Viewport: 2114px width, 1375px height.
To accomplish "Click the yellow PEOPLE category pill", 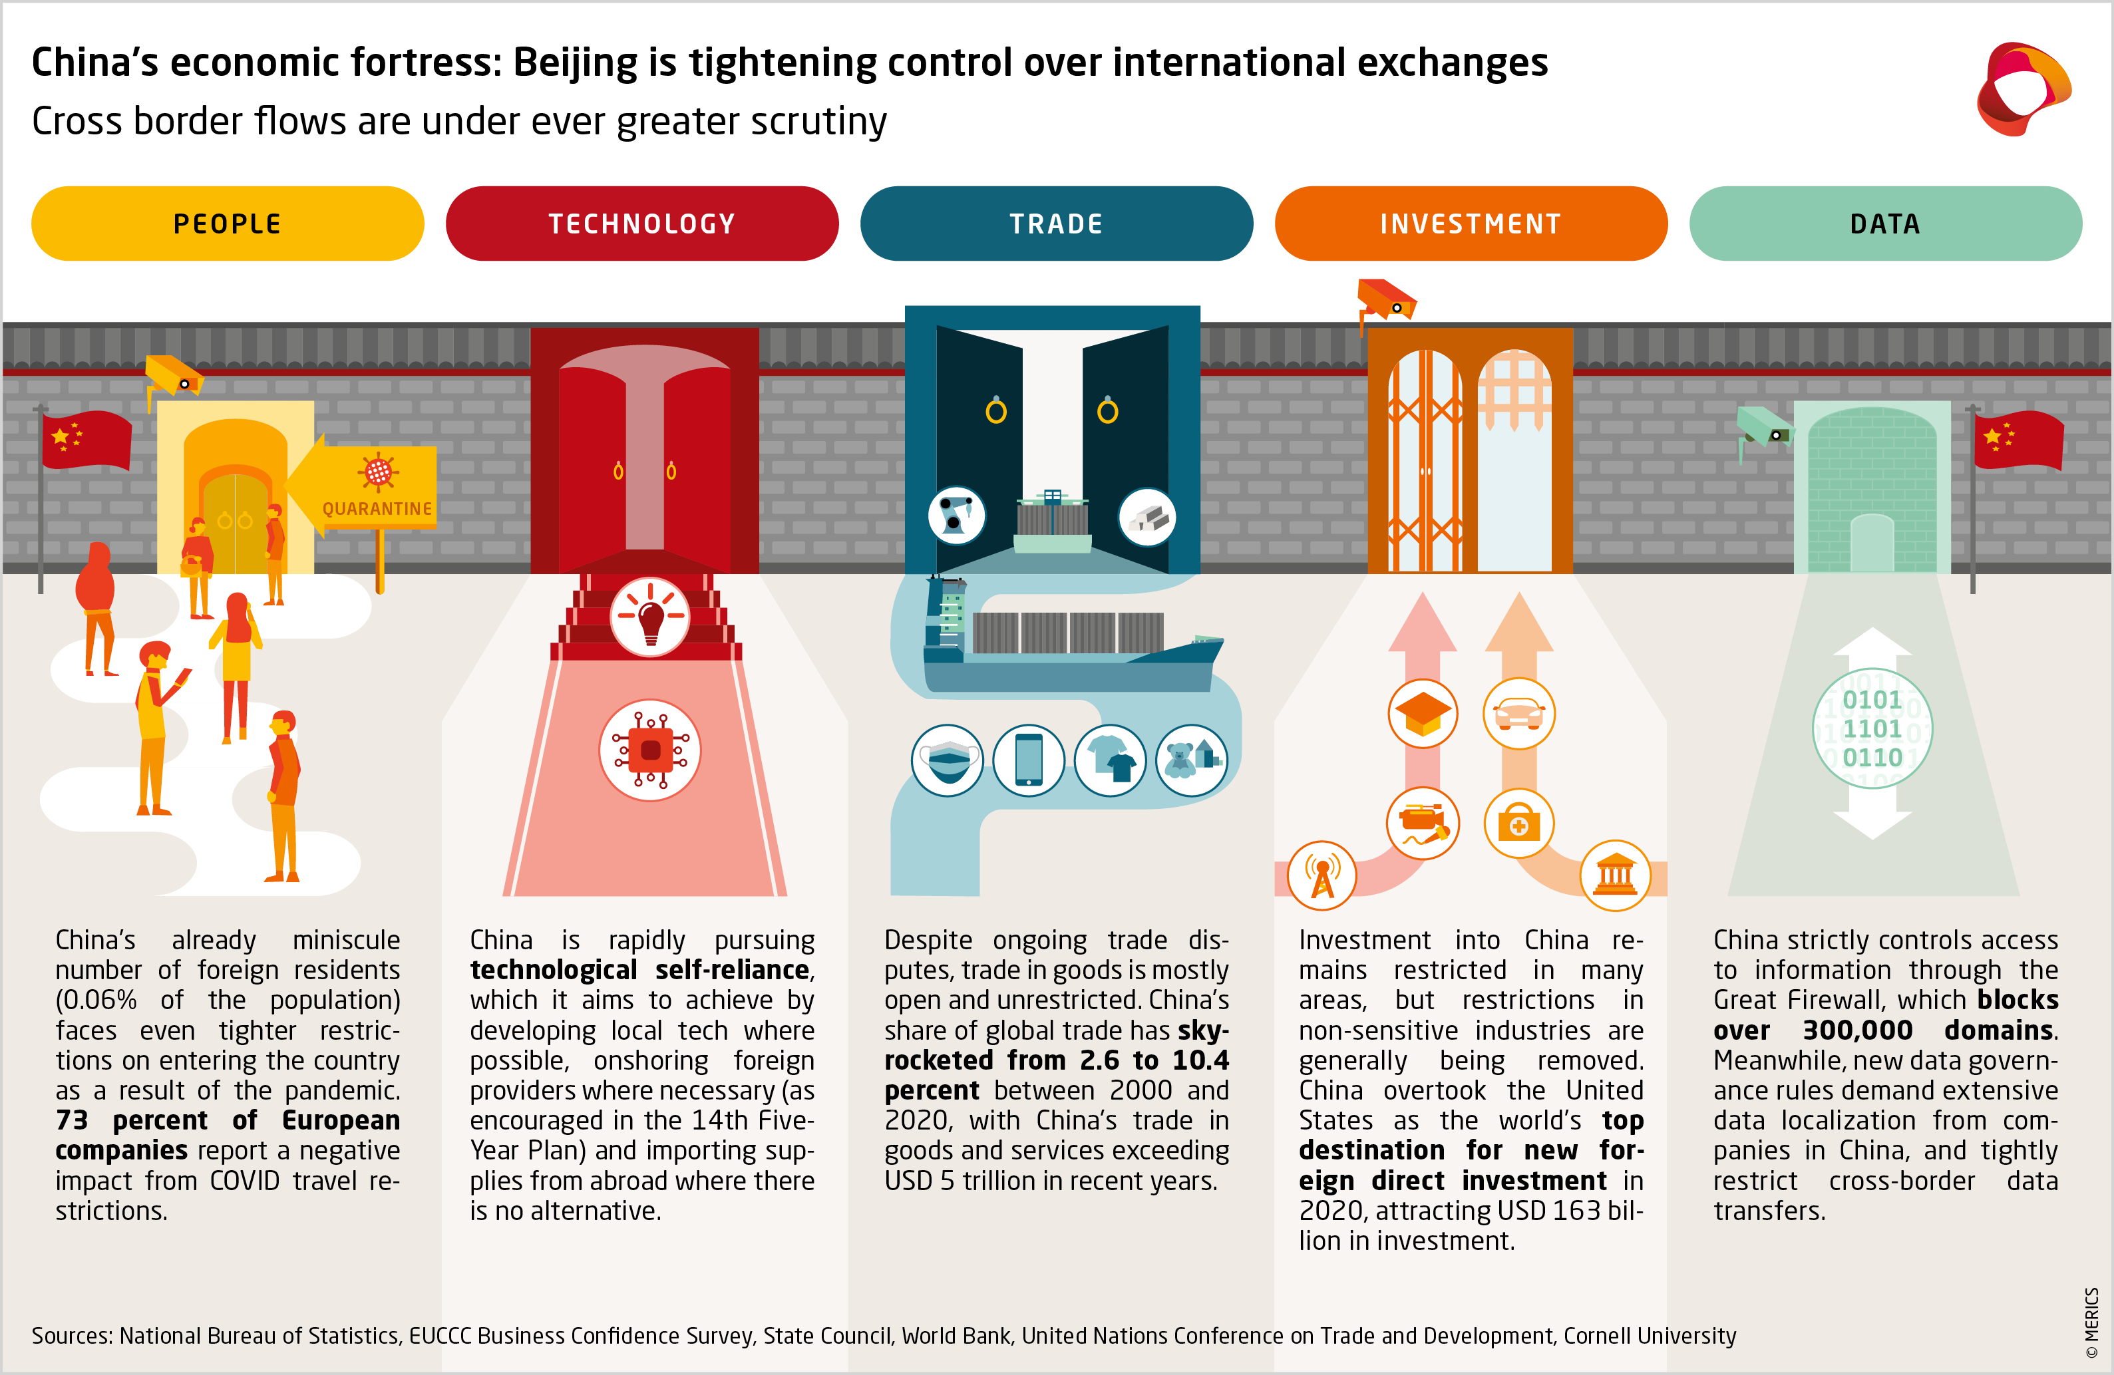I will [x=228, y=224].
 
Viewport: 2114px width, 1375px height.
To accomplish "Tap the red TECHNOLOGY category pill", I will [x=641, y=224].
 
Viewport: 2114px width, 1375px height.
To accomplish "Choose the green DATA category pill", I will [x=1885, y=224].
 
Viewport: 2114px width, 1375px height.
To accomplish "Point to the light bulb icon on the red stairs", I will [x=650, y=617].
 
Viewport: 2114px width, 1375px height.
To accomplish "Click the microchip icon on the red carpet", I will [x=650, y=750].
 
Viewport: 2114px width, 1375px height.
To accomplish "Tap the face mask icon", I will [x=948, y=760].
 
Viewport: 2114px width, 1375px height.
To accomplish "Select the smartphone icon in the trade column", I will [x=1029, y=760].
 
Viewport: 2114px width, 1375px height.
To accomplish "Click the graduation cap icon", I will [x=1423, y=713].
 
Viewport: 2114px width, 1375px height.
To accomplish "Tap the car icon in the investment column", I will [x=1519, y=713].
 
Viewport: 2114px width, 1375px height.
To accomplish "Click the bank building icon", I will [x=1615, y=876].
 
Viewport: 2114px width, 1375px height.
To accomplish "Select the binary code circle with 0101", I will [x=1872, y=728].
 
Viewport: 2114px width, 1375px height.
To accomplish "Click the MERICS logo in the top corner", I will [x=2024, y=89].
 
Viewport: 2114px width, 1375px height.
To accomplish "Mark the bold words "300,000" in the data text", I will [x=1857, y=1030].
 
